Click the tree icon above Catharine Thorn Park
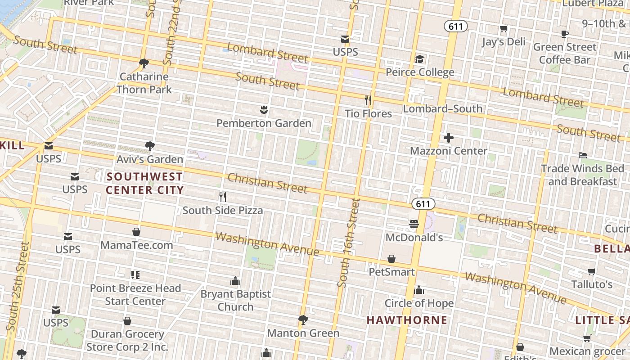(x=144, y=63)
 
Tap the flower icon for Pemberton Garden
(x=264, y=109)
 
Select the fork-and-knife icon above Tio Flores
(x=368, y=100)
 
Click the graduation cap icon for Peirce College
(x=419, y=59)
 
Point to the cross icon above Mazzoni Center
(x=448, y=138)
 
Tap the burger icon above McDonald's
(x=414, y=224)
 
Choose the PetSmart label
(x=391, y=272)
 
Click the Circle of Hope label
(x=419, y=303)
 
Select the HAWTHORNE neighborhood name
(x=407, y=320)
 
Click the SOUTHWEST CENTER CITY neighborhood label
(x=144, y=183)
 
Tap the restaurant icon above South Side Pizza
(x=222, y=197)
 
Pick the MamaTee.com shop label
(x=137, y=245)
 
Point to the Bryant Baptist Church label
(x=235, y=300)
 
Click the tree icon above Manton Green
(x=303, y=320)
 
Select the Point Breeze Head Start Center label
(x=135, y=294)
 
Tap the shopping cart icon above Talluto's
(x=592, y=271)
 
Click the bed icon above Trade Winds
(x=583, y=155)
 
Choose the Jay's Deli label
(x=504, y=42)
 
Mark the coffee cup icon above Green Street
(x=565, y=34)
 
